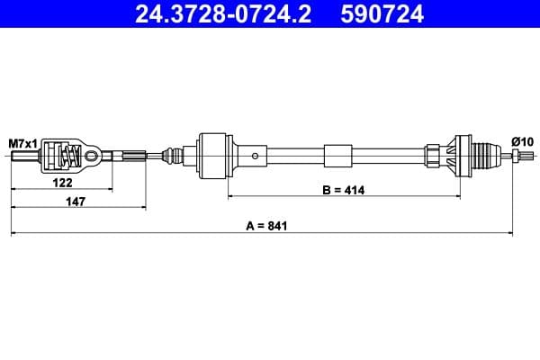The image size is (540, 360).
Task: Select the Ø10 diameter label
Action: tap(522, 141)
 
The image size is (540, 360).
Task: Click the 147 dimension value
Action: tap(76, 202)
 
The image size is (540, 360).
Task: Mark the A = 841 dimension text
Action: tap(262, 226)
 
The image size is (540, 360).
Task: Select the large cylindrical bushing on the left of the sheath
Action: tap(214, 157)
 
